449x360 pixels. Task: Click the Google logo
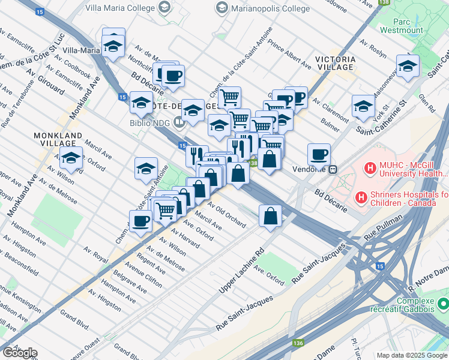[x=19, y=353]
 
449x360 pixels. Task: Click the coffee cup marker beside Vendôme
[x=319, y=155]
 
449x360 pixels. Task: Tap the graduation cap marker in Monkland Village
[x=71, y=160]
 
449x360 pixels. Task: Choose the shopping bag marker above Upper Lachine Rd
[x=270, y=215]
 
